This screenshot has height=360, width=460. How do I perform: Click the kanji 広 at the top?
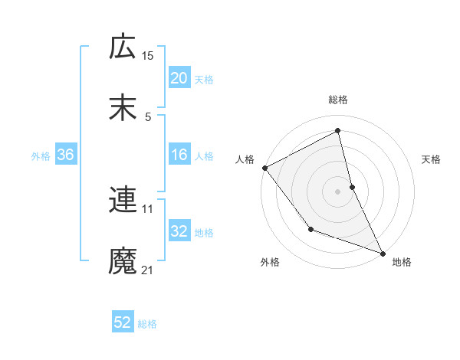(123, 47)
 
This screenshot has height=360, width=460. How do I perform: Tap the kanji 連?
(123, 200)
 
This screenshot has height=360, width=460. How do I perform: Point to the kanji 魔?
(123, 261)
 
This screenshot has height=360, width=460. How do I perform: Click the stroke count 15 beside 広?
(148, 56)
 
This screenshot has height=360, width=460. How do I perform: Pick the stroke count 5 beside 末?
(148, 116)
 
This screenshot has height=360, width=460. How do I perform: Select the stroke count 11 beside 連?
(148, 208)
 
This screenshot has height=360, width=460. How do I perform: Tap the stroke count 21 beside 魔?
(148, 270)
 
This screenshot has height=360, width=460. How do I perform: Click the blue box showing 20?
(179, 77)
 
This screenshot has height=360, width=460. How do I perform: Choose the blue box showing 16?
(179, 155)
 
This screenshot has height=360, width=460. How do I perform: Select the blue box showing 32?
(179, 231)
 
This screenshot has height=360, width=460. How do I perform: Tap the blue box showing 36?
(66, 155)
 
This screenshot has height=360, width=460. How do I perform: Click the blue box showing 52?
(123, 322)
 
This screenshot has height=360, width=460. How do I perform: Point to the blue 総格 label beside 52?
(147, 324)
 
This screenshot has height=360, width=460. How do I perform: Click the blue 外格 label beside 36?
(41, 156)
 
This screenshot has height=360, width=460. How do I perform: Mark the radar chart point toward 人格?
(264, 168)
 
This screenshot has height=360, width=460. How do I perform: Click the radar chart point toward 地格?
(382, 254)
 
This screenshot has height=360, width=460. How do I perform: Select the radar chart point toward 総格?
(338, 131)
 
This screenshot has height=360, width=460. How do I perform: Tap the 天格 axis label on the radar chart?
(432, 159)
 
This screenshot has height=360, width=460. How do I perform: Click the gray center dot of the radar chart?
(338, 191)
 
